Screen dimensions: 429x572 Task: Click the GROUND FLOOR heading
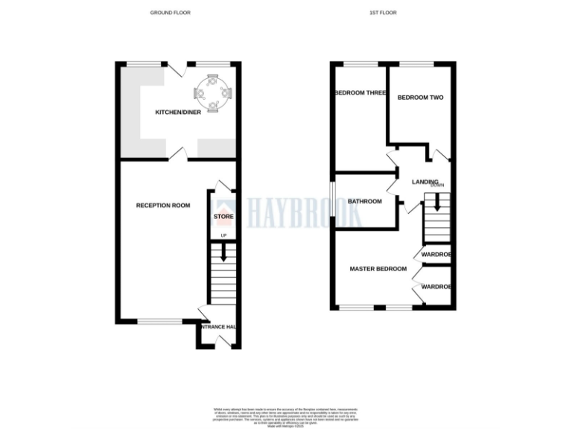[x=171, y=13]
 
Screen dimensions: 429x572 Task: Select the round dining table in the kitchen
[x=213, y=93]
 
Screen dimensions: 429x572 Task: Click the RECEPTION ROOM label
[x=162, y=206]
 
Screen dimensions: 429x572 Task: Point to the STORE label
[x=223, y=217]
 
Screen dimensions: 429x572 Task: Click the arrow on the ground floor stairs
[x=223, y=254]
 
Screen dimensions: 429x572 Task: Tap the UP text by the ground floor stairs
[x=223, y=236]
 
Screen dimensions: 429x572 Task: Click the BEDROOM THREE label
[x=360, y=93]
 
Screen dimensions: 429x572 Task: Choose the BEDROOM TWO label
[x=420, y=98]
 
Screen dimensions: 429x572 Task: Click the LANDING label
[x=425, y=182]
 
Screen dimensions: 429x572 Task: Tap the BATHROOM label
[x=365, y=201]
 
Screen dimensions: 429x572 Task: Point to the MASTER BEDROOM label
[x=378, y=269]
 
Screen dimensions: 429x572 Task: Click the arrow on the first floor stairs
[x=437, y=201]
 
